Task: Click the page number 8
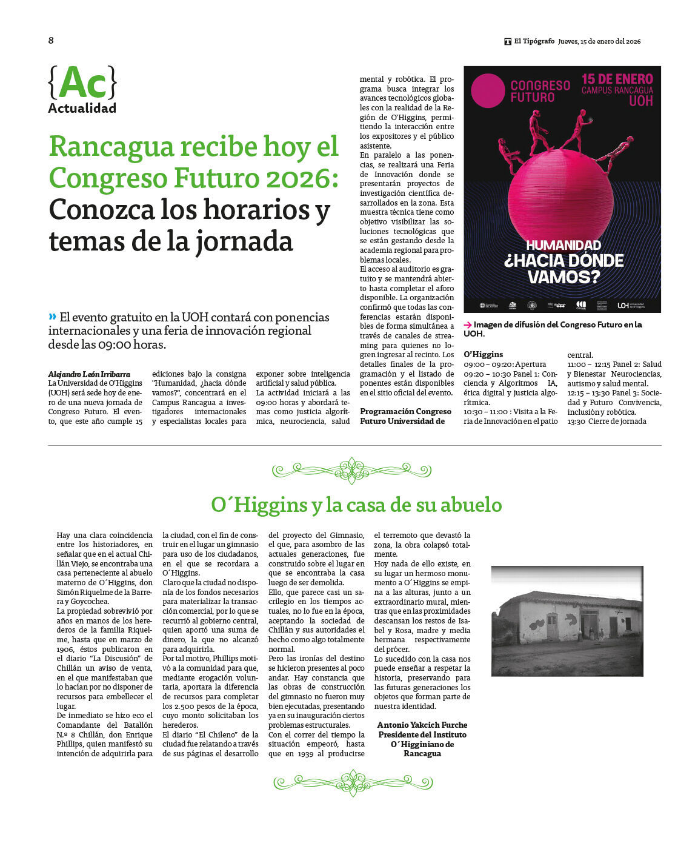tap(51, 40)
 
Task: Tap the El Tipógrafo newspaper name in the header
tap(534, 41)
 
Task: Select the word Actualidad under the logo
tap(82, 109)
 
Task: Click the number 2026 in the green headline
tap(299, 178)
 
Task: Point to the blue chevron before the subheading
tap(52, 317)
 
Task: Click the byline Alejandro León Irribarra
tap(89, 374)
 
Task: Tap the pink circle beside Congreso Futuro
tap(487, 90)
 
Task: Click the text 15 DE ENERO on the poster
tap(617, 79)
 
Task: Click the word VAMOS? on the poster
tap(563, 277)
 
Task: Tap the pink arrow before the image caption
tap(468, 325)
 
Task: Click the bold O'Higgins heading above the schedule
tap(483, 354)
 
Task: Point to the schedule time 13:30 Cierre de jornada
tap(607, 421)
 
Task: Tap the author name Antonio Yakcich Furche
tap(422, 725)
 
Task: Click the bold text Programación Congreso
tap(405, 411)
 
